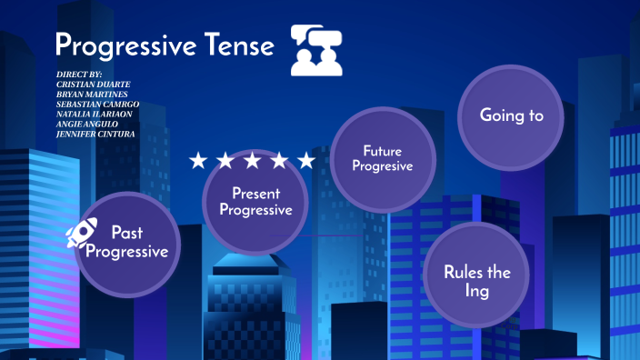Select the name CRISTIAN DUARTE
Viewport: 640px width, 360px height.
coord(91,83)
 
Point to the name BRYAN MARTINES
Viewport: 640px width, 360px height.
coord(91,94)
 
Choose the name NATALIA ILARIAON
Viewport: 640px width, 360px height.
coord(94,115)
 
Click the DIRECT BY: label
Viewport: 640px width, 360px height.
coord(78,73)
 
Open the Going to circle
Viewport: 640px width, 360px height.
coord(511,115)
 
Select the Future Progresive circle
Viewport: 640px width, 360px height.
coord(382,158)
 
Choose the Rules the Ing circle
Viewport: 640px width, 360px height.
coord(477,281)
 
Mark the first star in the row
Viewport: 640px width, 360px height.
coord(198,161)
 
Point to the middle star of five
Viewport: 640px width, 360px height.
coord(252,161)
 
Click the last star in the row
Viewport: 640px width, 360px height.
coord(306,161)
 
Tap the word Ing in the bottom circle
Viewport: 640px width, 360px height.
coord(477,291)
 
